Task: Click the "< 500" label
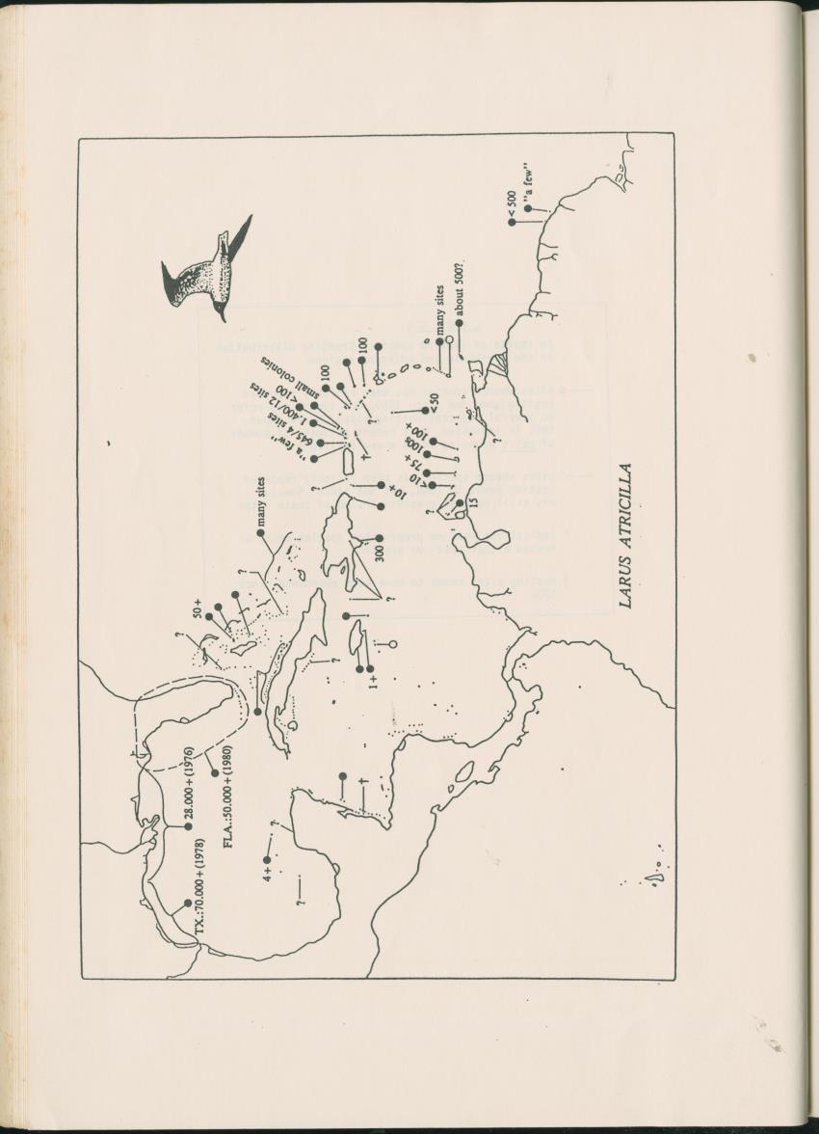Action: [x=512, y=204]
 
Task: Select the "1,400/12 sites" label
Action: [x=285, y=399]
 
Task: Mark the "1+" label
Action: [x=374, y=682]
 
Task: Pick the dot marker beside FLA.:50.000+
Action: [x=215, y=772]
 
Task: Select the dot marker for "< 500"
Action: [x=512, y=223]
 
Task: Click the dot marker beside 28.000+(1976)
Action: [x=189, y=827]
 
